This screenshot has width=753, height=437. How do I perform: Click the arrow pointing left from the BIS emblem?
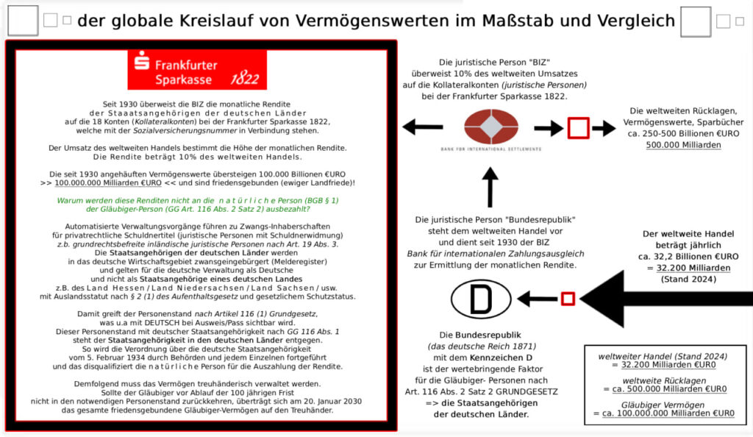[x=423, y=127]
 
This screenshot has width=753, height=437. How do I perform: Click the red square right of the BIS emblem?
[x=578, y=128]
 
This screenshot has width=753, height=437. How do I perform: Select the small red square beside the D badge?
[x=568, y=299]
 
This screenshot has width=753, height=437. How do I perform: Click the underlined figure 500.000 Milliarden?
[x=683, y=145]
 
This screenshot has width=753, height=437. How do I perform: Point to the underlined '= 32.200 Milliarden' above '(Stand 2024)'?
[x=689, y=268]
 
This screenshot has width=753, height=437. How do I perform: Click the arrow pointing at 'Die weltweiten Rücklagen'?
[x=604, y=128]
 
